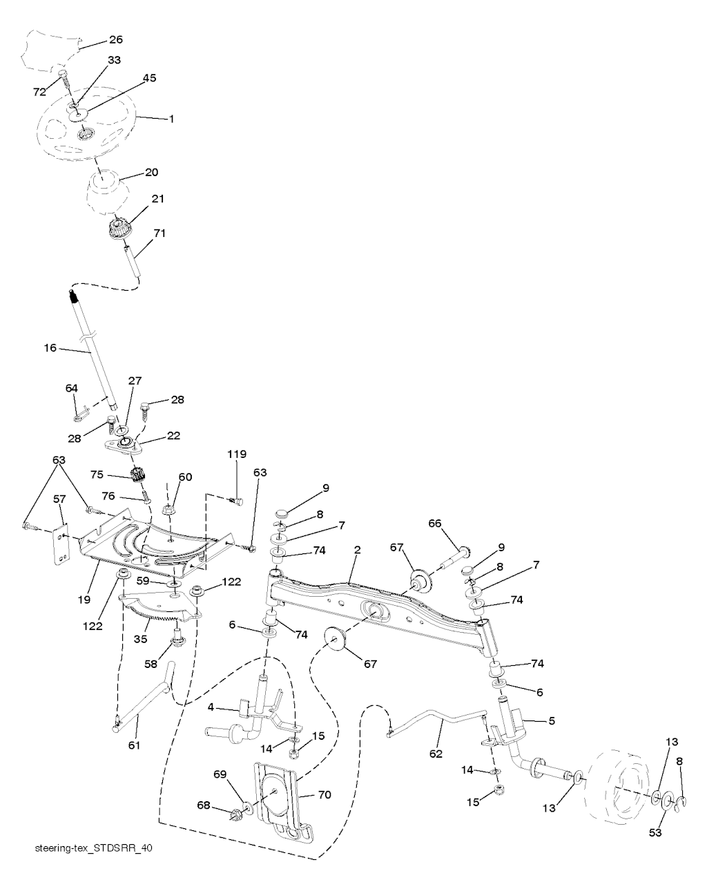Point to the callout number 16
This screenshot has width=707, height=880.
[x=50, y=347]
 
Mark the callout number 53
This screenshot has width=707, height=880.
[x=655, y=833]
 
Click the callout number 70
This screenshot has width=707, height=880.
[x=325, y=795]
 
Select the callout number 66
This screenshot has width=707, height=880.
[x=454, y=524]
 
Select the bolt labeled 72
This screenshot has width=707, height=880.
[x=65, y=82]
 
